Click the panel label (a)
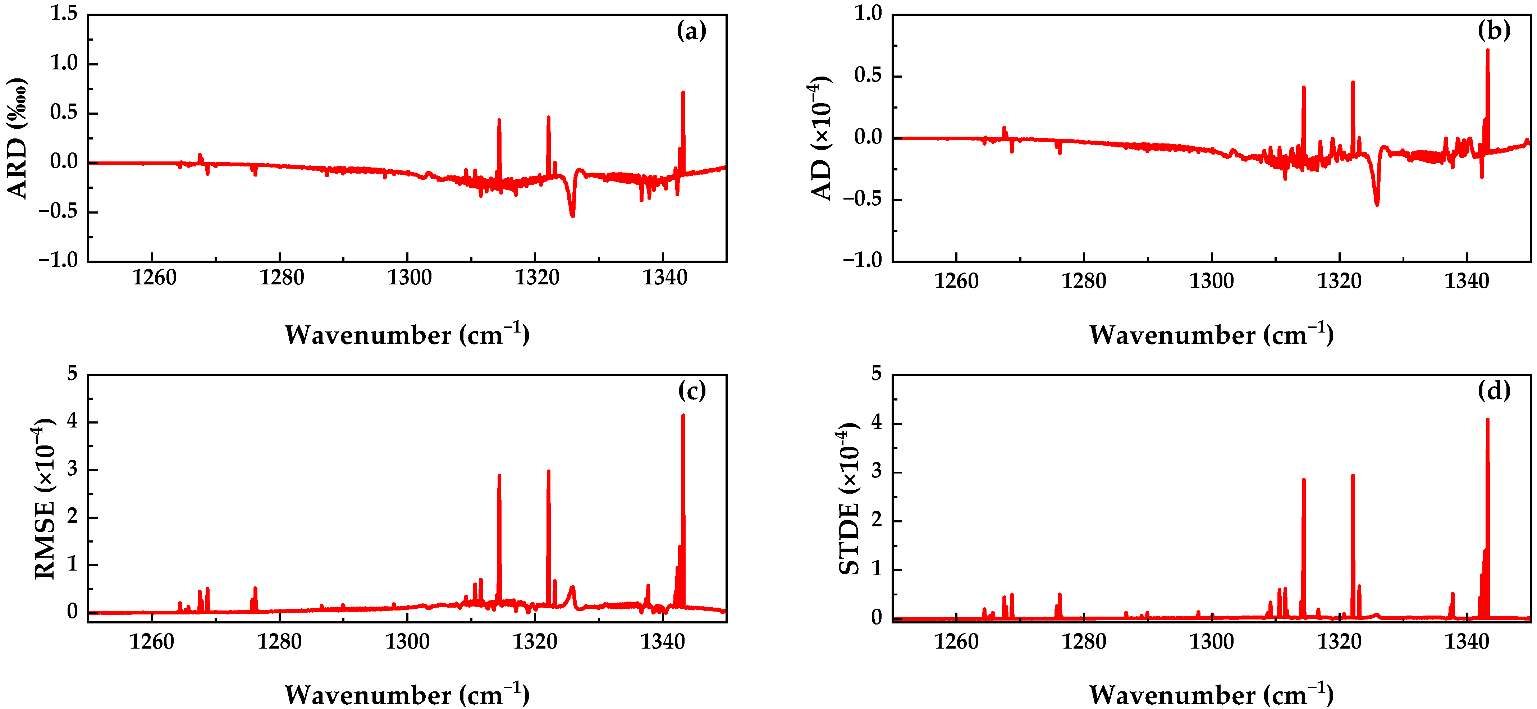click(691, 31)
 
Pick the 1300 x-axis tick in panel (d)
click(1211, 641)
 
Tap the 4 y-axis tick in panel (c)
click(73, 421)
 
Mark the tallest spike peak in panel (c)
click(683, 415)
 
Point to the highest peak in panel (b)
click(1487, 50)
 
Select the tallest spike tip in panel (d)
click(1487, 420)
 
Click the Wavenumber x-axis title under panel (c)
click(407, 694)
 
